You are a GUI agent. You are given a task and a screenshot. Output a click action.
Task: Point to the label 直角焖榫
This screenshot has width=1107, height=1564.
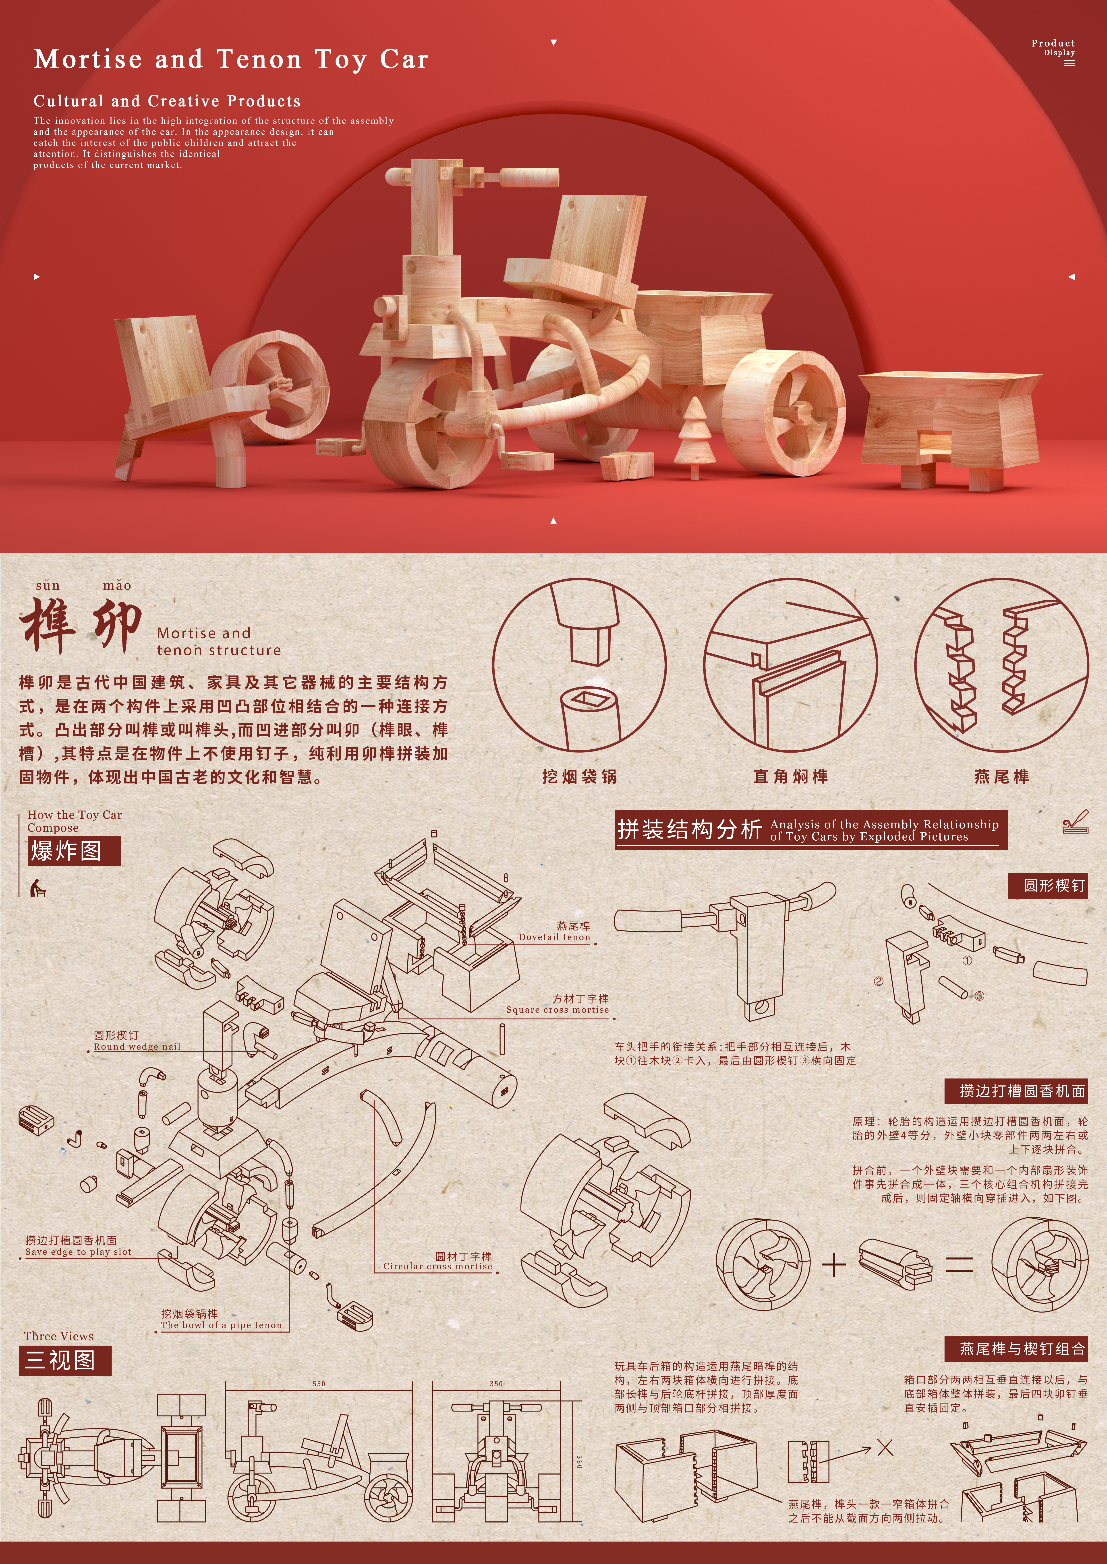[x=791, y=777]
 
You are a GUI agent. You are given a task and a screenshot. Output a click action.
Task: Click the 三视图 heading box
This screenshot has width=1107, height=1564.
[x=65, y=1360]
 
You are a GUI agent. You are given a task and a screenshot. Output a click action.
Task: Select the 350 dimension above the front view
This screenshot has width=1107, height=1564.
[x=496, y=1383]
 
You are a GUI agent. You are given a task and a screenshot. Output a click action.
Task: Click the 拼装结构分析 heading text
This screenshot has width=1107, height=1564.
[x=689, y=829]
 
